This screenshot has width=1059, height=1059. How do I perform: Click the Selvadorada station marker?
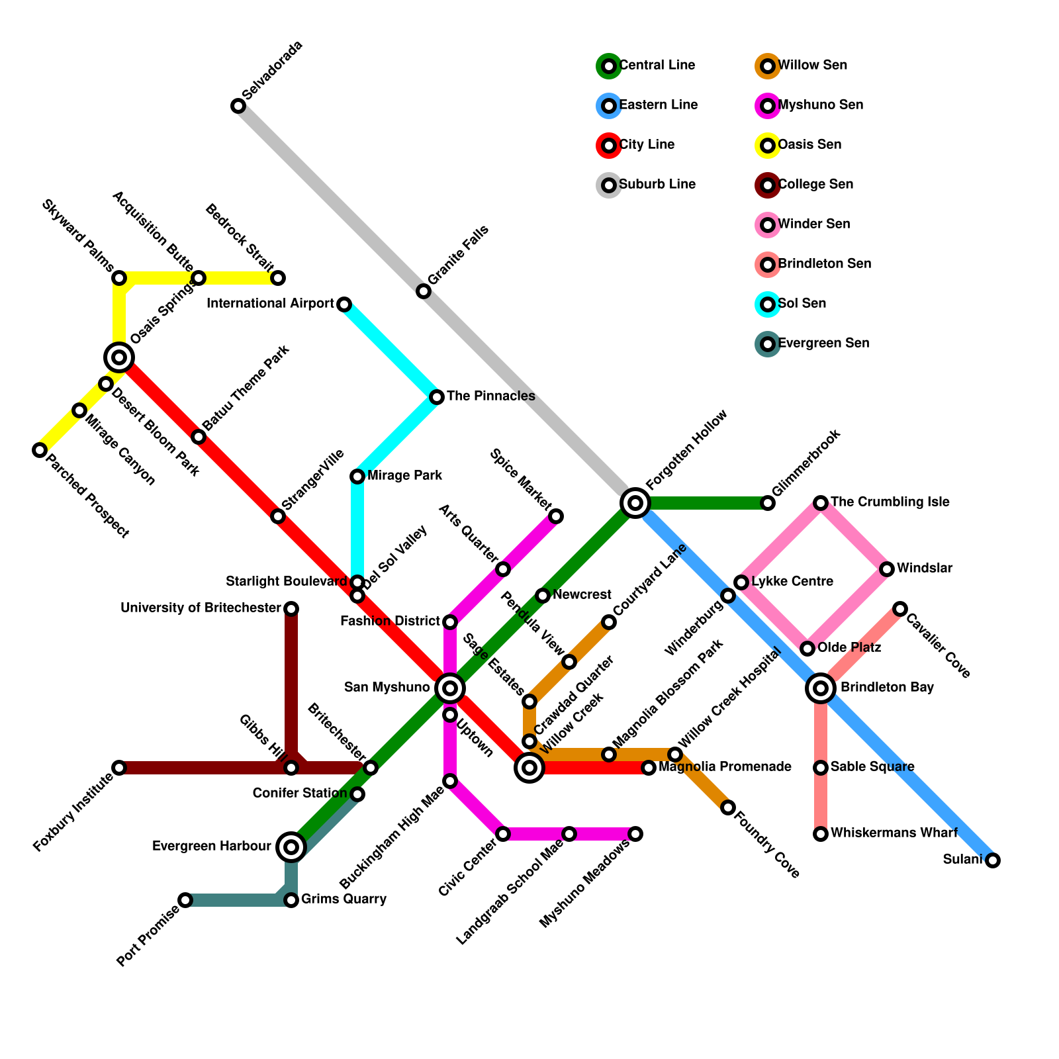238,106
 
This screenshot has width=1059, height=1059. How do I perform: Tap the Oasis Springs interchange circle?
119,357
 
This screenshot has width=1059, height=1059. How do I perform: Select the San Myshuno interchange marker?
450,688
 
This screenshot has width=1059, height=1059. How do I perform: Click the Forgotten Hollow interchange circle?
635,503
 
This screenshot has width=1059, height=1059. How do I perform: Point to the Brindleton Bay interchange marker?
821,688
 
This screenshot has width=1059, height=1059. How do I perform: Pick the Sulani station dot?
992,860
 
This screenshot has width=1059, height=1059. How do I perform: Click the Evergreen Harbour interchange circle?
291,847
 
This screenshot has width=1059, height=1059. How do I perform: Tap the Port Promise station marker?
185,900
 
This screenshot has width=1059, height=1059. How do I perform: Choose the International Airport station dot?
344,304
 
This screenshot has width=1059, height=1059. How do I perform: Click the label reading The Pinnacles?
490,396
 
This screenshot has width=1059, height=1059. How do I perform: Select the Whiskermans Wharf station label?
894,833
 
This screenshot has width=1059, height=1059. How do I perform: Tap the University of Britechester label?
201,608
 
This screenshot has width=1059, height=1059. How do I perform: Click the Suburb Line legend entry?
657,185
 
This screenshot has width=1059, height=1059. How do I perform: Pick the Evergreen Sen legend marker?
767,344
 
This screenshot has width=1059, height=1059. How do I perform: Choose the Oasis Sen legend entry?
809,145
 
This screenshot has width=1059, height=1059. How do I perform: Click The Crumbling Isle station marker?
821,503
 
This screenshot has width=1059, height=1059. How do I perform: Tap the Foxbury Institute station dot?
119,768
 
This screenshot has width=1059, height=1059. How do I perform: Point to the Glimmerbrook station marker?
768,503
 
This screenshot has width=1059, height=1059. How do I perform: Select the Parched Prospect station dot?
40,450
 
